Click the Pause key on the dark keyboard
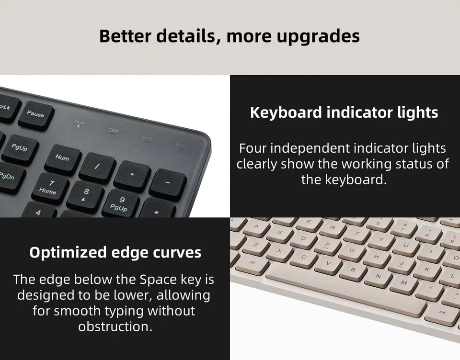pos(35,114)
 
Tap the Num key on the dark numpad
pos(62,158)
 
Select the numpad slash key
pos(97,167)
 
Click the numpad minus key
pos(168,183)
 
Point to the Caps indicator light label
pos(114,130)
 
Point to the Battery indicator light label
pos(182,145)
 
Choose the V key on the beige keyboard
pos(328,263)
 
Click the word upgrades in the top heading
pos(317,36)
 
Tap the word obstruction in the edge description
pos(115,326)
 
